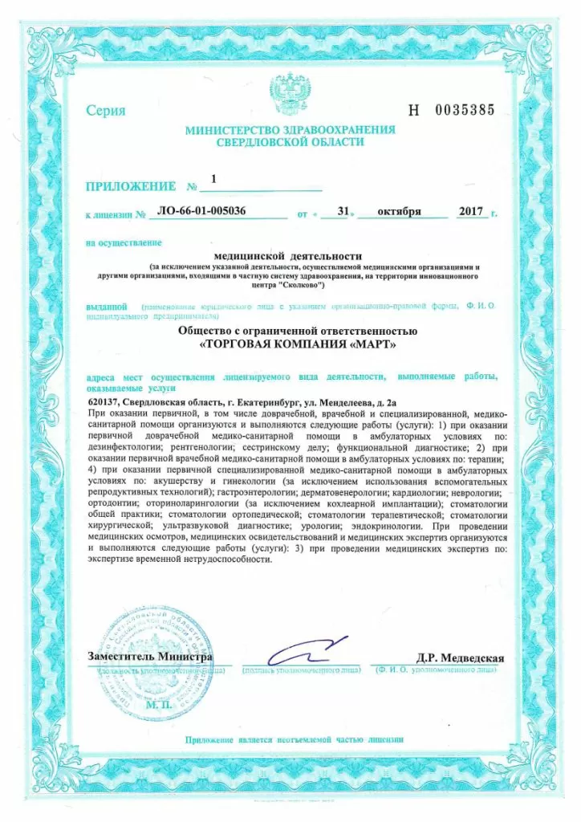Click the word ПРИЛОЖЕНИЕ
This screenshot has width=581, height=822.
point(131,187)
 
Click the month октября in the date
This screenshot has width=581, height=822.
point(401,212)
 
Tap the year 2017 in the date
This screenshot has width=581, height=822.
point(469,212)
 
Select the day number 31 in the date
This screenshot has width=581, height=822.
point(343,212)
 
